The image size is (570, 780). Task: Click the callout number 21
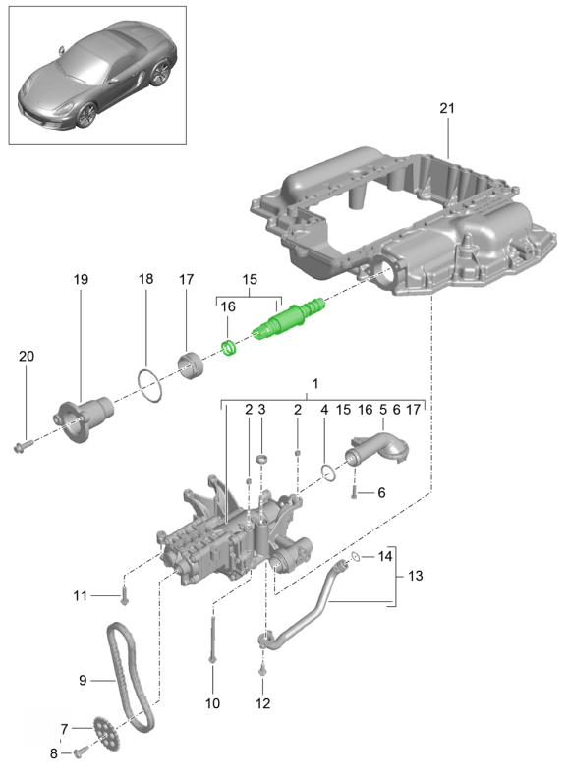(447, 108)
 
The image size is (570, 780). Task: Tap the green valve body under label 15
(288, 319)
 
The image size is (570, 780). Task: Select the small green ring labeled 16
(229, 347)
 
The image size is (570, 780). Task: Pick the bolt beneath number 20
(23, 444)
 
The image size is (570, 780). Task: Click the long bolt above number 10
(212, 640)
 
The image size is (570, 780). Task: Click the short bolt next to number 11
(124, 596)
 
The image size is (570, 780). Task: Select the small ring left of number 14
(356, 557)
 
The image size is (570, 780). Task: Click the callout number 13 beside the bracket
(415, 576)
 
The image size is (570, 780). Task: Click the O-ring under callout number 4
(328, 473)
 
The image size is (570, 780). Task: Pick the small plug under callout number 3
(262, 458)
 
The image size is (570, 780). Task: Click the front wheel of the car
(85, 115)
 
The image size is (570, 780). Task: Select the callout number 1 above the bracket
(314, 383)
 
